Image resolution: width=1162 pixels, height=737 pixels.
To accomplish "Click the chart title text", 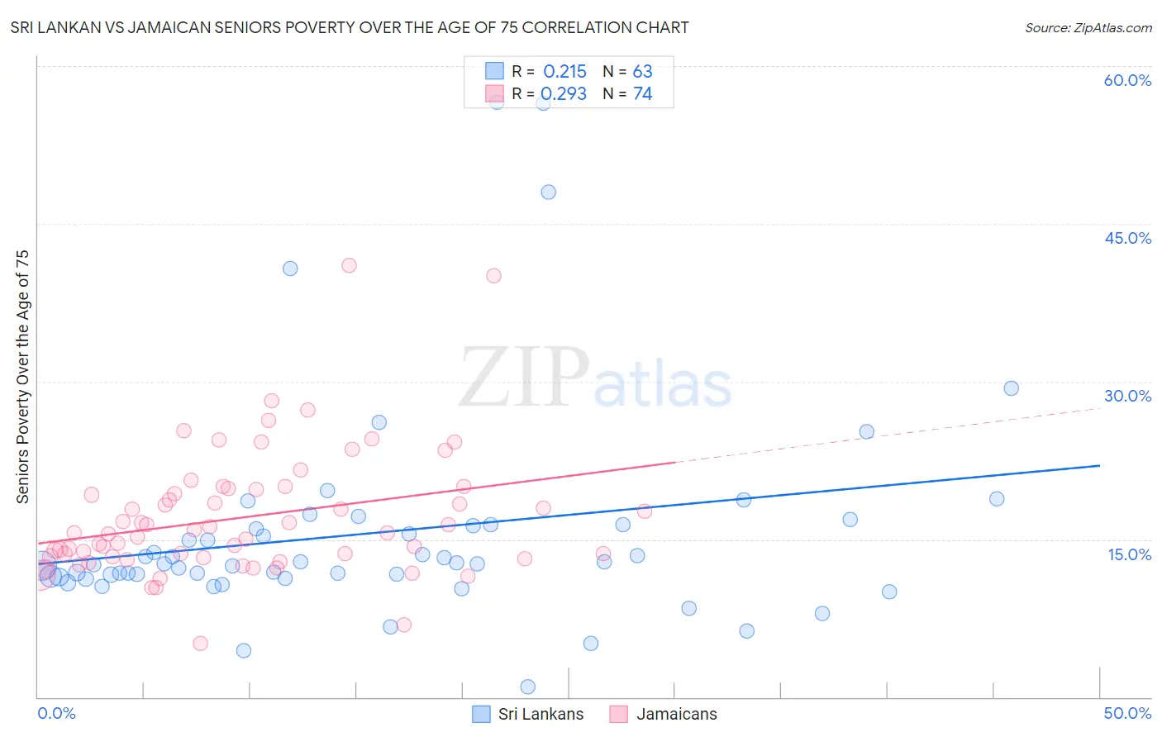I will (x=350, y=28).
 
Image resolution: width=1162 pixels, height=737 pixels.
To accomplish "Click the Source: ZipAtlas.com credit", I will (x=1088, y=28).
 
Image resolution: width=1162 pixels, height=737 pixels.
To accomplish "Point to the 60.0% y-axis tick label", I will (x=1127, y=80).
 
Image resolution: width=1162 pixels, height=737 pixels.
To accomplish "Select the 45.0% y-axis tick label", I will (x=1127, y=238).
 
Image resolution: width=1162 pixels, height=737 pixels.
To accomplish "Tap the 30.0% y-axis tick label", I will (x=1127, y=396).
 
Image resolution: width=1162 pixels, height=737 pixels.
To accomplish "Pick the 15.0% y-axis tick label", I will (x=1129, y=554).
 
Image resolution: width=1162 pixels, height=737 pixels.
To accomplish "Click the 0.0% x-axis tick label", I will (x=56, y=713).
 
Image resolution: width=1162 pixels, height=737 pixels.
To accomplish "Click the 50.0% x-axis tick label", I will (x=1127, y=713).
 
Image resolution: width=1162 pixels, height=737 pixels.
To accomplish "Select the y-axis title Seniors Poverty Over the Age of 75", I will (x=22, y=376).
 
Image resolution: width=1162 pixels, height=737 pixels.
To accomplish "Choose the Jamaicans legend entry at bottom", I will (x=664, y=714).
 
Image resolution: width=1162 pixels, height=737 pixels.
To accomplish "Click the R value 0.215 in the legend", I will (x=564, y=72).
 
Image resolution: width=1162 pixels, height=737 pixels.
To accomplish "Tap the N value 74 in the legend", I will (x=642, y=94).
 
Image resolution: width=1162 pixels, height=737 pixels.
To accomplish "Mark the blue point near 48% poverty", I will (x=548, y=192).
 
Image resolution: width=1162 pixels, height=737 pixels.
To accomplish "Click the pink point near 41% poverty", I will (x=349, y=265).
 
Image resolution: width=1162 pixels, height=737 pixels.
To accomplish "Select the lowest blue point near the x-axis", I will (x=527, y=687).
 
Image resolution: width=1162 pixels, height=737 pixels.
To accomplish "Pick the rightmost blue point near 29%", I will (x=1011, y=388).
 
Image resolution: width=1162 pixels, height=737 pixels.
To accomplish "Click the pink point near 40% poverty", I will (x=493, y=276).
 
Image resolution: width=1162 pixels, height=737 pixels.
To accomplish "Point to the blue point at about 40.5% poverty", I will (x=290, y=269).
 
